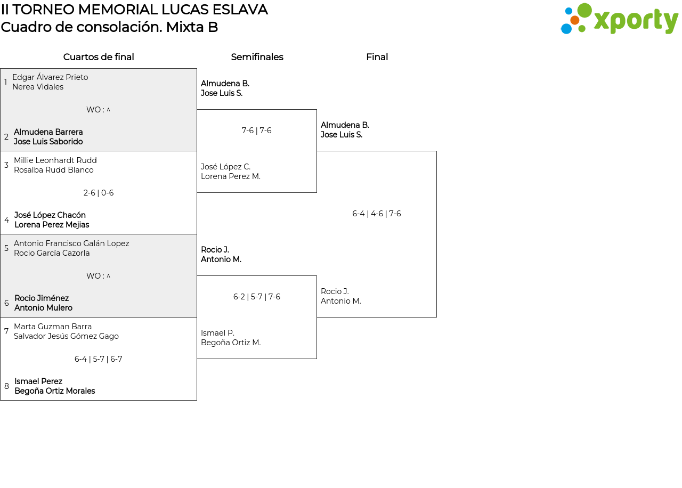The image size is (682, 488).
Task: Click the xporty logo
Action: tap(619, 19)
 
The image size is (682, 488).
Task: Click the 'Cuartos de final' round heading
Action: tap(99, 57)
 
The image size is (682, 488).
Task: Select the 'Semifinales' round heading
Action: tap(257, 57)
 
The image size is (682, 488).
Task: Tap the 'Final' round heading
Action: tap(377, 57)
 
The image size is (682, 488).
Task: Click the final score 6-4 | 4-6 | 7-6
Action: tap(376, 214)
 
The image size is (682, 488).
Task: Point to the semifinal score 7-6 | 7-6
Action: tap(256, 131)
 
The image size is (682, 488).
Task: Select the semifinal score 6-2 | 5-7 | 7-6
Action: tap(256, 297)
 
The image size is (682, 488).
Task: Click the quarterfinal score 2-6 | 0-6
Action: tap(99, 193)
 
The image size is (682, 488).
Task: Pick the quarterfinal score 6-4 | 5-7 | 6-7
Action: tap(99, 359)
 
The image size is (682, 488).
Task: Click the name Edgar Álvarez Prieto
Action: tap(50, 77)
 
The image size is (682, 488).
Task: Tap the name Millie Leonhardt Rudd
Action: tap(55, 160)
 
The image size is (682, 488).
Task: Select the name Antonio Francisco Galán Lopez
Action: tap(71, 243)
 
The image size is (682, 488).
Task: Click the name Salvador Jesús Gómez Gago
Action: tap(66, 336)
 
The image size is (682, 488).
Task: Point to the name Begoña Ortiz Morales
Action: tap(54, 391)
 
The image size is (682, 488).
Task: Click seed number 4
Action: tap(6, 220)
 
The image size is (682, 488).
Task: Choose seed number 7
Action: tap(6, 331)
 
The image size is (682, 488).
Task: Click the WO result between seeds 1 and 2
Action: tap(99, 110)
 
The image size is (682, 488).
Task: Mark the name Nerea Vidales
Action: tap(38, 87)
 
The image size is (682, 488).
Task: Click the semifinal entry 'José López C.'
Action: tap(225, 167)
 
